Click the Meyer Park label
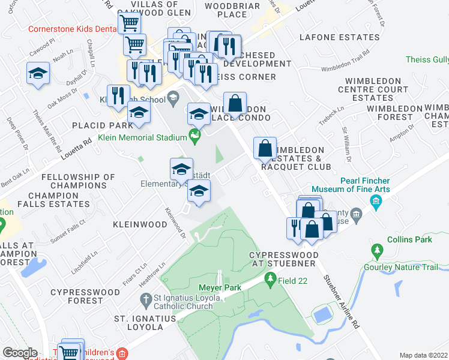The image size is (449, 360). tap(224, 288)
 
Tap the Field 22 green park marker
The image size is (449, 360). tap(271, 279)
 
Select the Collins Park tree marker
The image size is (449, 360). tap(377, 250)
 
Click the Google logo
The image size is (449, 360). tap(20, 353)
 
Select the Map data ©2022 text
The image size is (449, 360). tap(424, 355)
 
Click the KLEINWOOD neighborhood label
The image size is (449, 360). tap(140, 224)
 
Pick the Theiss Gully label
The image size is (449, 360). tap(427, 59)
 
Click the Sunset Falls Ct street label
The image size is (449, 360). tap(69, 229)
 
